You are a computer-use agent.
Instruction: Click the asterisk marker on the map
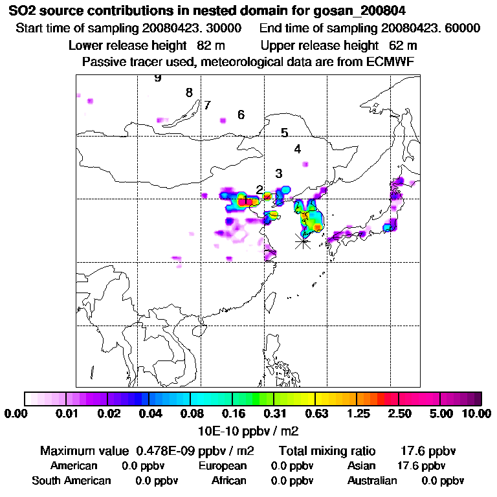[x=302, y=241]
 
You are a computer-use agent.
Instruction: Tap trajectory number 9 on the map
[x=157, y=78]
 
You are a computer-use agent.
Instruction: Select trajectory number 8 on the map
[x=189, y=93]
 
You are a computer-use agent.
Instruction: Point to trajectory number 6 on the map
[x=241, y=115]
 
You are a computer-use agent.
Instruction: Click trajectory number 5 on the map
[x=284, y=133]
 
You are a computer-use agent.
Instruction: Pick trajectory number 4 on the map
[x=297, y=149]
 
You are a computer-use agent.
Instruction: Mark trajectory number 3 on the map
[x=278, y=173]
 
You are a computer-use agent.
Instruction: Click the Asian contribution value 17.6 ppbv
[x=421, y=466]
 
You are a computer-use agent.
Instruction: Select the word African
[x=228, y=481]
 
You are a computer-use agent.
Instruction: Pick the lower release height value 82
[x=204, y=45]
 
